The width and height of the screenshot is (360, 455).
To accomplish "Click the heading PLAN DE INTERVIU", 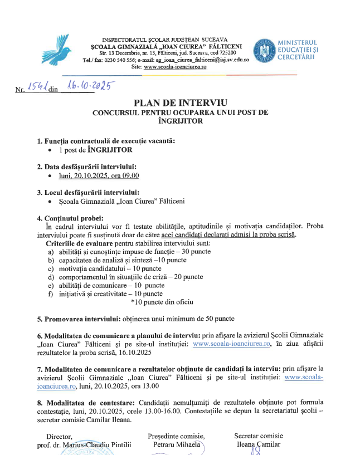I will tap(181, 102).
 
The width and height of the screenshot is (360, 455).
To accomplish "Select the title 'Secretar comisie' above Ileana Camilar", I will tap(259, 436).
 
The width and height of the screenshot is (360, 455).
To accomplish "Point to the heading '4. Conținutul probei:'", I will tap(70, 218).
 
